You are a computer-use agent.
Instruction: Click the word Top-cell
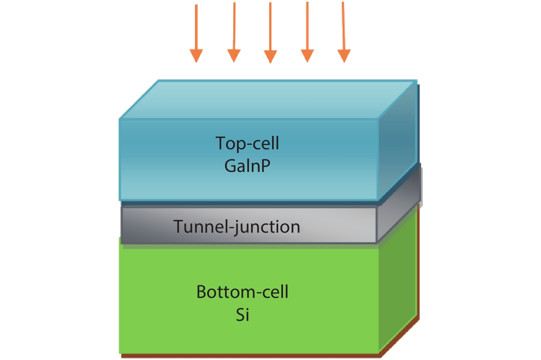247,143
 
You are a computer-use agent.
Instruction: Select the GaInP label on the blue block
247,166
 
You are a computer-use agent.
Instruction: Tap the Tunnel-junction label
237,227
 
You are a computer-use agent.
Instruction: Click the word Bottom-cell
242,292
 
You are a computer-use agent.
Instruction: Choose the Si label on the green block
243,315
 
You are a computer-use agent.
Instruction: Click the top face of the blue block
268,100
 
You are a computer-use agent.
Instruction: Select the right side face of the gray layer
398,213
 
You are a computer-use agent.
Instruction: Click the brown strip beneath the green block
251,356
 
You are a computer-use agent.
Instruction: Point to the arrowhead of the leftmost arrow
196,55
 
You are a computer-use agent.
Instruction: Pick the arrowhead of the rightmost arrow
344,55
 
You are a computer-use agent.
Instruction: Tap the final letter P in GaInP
265,166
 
